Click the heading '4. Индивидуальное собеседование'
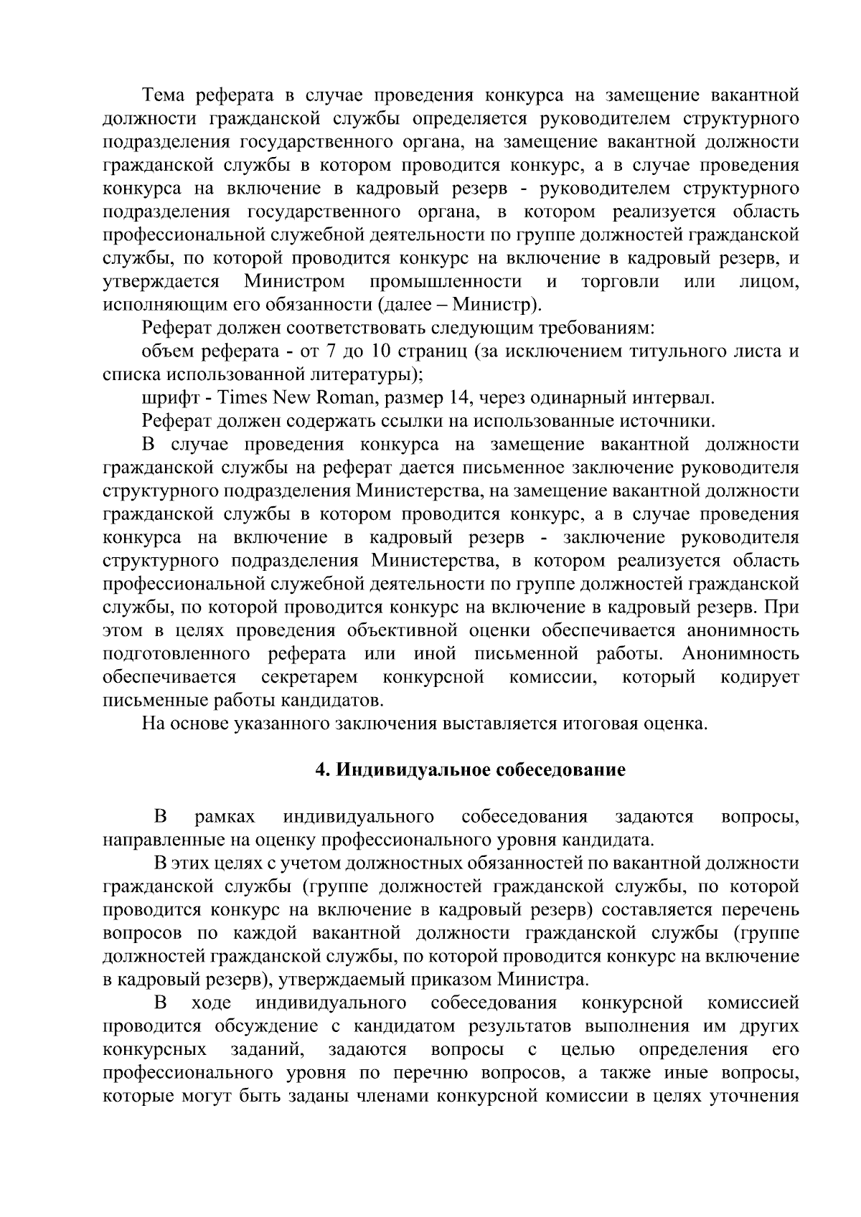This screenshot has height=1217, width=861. [x=471, y=770]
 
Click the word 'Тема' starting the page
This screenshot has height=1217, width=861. [x=164, y=95]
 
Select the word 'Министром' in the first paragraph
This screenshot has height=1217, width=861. [x=294, y=282]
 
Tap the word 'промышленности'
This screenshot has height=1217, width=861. [x=446, y=282]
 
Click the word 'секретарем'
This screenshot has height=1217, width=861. [x=309, y=677]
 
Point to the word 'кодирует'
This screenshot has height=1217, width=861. [x=760, y=677]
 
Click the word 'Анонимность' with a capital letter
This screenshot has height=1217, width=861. [x=740, y=654]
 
